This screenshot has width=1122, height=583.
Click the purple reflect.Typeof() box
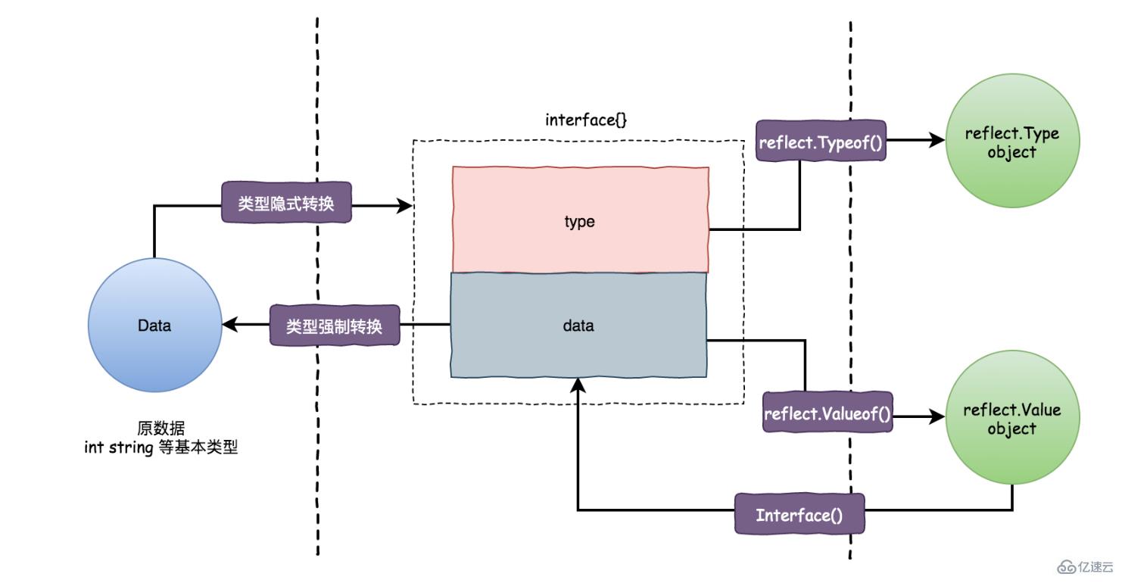point(821,141)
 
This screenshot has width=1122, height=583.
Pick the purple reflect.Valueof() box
point(827,413)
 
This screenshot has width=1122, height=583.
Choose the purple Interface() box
point(799,516)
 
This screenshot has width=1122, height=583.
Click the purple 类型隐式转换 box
point(286,203)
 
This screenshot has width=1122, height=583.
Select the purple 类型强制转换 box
point(335,326)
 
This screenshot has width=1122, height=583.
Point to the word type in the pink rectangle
point(580,222)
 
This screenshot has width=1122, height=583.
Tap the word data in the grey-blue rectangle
point(578,326)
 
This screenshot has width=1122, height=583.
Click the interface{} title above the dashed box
point(575,119)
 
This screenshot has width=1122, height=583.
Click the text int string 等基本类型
point(161,447)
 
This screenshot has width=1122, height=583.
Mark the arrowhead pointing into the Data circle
point(229,326)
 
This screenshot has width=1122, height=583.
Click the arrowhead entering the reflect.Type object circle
point(937,140)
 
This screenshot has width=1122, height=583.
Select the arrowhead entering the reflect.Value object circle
point(937,416)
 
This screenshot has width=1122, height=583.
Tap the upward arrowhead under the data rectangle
point(578,385)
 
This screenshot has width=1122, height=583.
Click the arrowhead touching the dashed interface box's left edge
point(406,204)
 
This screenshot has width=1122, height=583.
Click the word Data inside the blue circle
point(154,326)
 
